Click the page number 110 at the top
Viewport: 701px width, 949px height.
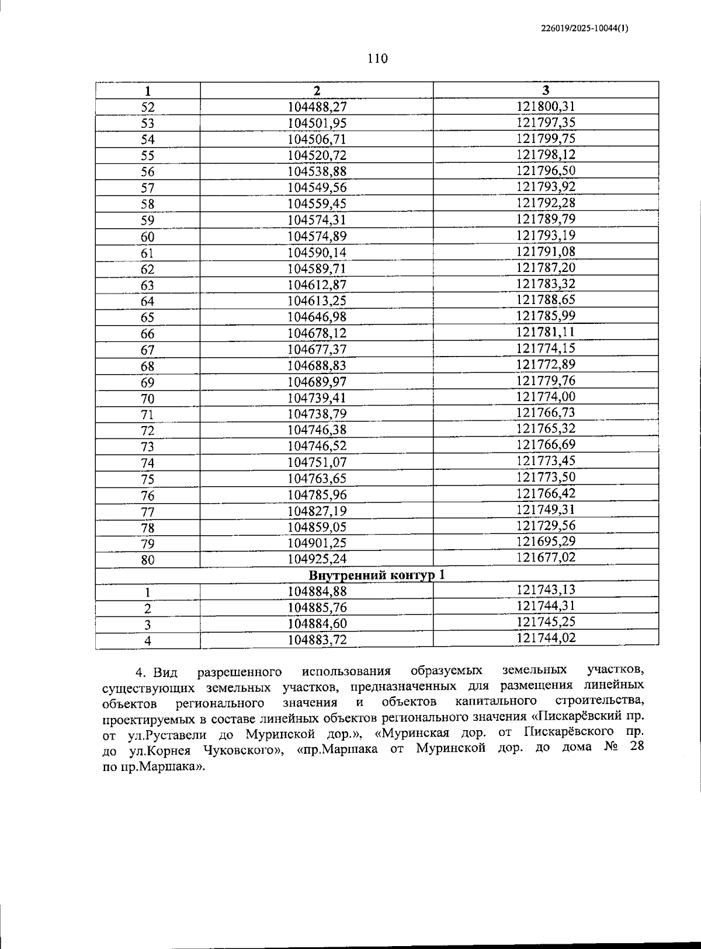click(377, 58)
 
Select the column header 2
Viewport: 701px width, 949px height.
click(317, 90)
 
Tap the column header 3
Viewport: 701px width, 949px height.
click(546, 90)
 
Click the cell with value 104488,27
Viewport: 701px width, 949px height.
click(317, 107)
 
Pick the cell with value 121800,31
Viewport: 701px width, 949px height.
click(546, 106)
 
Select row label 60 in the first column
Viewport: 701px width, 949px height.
click(148, 237)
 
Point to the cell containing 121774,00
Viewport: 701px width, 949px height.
click(546, 397)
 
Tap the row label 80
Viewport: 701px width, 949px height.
click(148, 560)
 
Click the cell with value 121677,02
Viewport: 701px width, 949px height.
click(546, 557)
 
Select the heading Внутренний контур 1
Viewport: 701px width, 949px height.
click(377, 575)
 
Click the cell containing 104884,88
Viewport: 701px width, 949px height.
click(317, 591)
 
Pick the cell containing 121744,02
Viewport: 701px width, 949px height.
click(546, 638)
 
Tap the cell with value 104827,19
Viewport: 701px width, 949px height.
click(317, 511)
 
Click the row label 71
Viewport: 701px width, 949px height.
click(148, 415)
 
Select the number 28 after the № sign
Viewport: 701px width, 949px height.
click(637, 746)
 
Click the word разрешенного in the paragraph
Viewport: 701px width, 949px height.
click(240, 672)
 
